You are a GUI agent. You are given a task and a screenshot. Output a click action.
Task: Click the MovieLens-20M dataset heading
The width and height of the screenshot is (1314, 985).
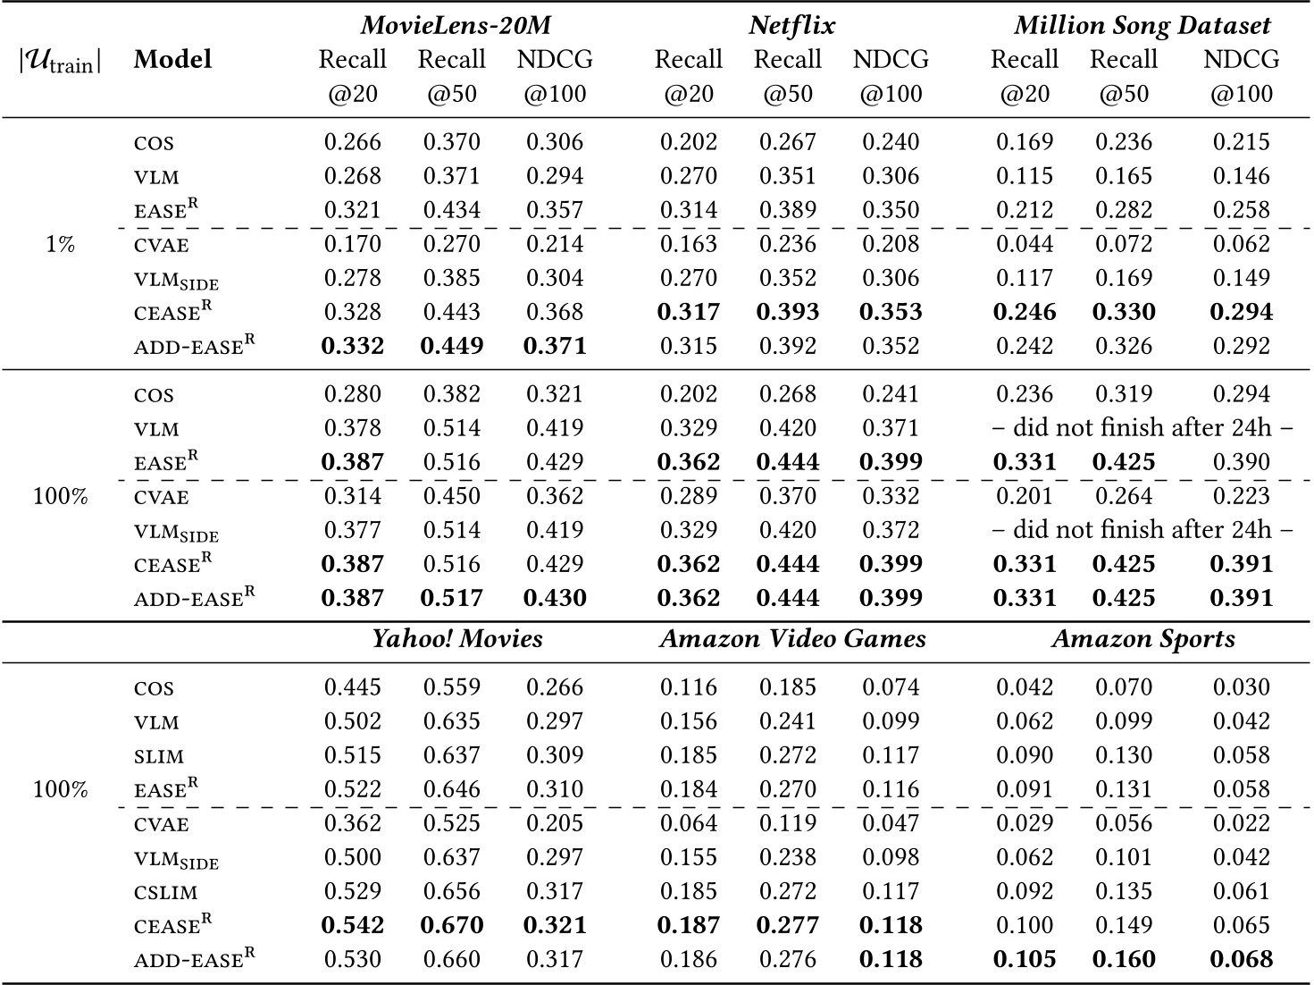tap(456, 25)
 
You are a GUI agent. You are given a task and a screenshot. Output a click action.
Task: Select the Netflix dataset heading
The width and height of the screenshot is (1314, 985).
tap(791, 25)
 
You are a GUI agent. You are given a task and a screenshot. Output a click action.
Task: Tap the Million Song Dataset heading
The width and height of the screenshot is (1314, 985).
tap(1142, 25)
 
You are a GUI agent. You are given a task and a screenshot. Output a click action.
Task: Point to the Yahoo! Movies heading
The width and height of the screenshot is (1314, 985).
tap(456, 638)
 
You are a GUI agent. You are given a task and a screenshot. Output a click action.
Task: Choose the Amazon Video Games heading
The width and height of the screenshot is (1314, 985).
tap(792, 638)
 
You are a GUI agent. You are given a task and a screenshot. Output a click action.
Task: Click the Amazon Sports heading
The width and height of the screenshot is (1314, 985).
tap(1142, 638)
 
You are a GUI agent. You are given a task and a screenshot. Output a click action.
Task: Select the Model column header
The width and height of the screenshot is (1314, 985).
tap(172, 60)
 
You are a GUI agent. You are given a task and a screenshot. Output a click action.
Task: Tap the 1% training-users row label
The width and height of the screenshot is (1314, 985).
tap(60, 244)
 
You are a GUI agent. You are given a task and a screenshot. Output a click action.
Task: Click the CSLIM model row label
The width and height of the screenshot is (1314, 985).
tap(165, 892)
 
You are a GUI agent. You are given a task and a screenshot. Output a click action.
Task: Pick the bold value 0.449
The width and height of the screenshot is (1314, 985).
tap(452, 346)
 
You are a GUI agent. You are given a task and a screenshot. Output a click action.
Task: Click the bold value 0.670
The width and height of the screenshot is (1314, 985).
tap(452, 925)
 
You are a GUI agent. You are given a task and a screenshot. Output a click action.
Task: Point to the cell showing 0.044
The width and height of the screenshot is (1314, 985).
tap(1025, 244)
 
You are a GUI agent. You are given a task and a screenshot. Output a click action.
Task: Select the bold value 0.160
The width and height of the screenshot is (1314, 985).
tap(1124, 959)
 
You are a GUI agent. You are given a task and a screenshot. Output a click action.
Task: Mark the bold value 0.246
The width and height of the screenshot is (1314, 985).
tap(1025, 312)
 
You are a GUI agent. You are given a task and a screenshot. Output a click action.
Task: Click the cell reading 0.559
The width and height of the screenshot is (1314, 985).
tap(452, 687)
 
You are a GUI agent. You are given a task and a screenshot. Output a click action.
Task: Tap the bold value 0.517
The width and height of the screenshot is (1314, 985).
tap(452, 598)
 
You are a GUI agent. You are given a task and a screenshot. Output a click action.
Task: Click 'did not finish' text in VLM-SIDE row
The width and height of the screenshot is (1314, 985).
tap(1142, 530)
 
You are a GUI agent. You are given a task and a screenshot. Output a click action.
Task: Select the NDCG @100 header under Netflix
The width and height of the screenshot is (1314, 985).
tap(891, 76)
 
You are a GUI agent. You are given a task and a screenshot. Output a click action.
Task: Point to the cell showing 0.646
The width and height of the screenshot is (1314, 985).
tap(452, 789)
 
